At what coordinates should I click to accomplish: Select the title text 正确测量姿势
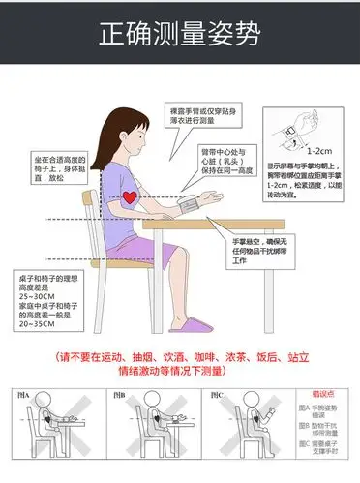(x=180, y=35)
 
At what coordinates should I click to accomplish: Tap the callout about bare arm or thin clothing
(x=199, y=116)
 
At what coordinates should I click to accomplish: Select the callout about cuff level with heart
(x=230, y=161)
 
